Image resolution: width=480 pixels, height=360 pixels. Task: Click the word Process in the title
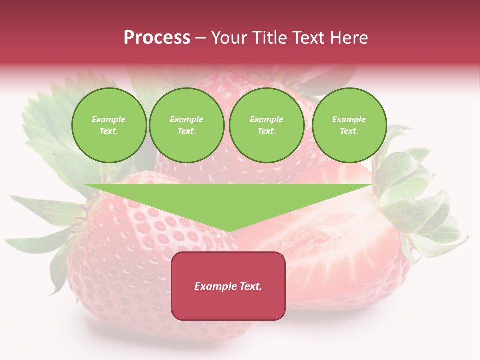pyautogui.click(x=157, y=38)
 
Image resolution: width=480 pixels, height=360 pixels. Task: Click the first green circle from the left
pyautogui.click(x=109, y=125)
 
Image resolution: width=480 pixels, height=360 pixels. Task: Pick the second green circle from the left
pyautogui.click(x=187, y=125)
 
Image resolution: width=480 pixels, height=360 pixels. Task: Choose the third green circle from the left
pyautogui.click(x=266, y=125)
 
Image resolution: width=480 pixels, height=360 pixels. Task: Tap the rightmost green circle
pyautogui.click(x=349, y=125)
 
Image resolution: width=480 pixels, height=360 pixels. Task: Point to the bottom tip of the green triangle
pyautogui.click(x=228, y=231)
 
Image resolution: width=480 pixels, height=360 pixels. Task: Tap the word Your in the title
pyautogui.click(x=230, y=38)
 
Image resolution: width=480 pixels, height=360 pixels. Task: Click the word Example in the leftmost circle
pyautogui.click(x=109, y=120)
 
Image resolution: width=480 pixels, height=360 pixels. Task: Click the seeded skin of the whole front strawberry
pyautogui.click(x=125, y=260)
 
